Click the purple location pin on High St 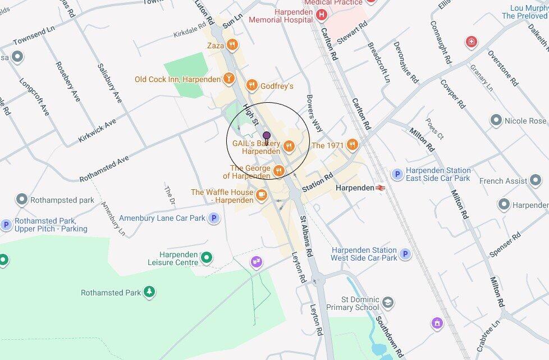tap(267, 136)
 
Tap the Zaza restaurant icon tap(232, 45)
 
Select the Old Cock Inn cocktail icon tap(229, 79)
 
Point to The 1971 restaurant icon tap(352, 145)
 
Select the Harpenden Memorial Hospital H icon tap(321, 15)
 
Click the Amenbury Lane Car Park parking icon tap(214, 218)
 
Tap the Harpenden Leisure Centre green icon tap(207, 258)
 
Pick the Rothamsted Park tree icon tap(149, 292)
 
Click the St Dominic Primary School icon tap(388, 303)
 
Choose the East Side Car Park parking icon tap(397, 174)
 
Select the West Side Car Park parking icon tap(405, 254)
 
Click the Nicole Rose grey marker tap(496, 121)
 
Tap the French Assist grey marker tap(536, 181)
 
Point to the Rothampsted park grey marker tap(21, 199)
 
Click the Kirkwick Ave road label tap(98, 130)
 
